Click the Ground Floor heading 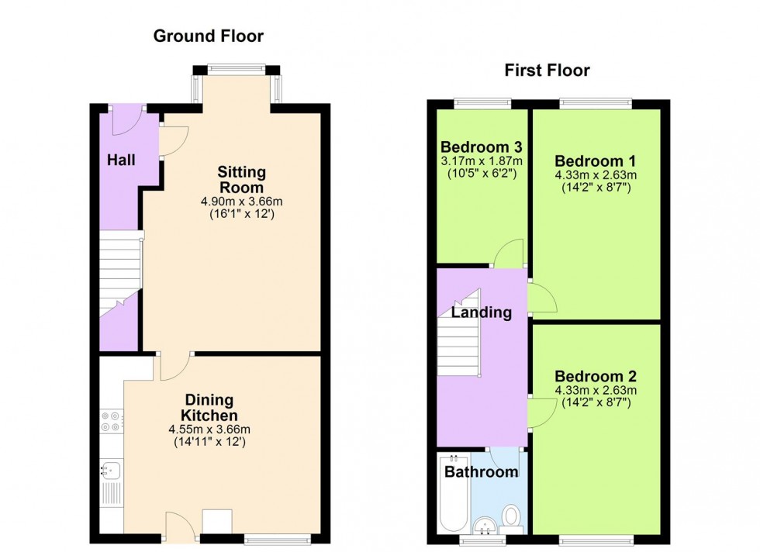(x=208, y=36)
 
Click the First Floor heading (x=547, y=71)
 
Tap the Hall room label (x=122, y=160)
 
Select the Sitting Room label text (x=241, y=179)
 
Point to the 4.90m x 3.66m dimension (x=241, y=202)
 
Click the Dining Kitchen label (x=208, y=408)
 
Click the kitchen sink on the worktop (x=109, y=469)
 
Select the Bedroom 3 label (x=481, y=147)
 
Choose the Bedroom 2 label (x=596, y=377)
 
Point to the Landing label (x=482, y=313)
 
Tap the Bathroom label (x=481, y=472)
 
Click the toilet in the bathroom (x=512, y=515)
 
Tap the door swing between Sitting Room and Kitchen (x=174, y=367)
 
